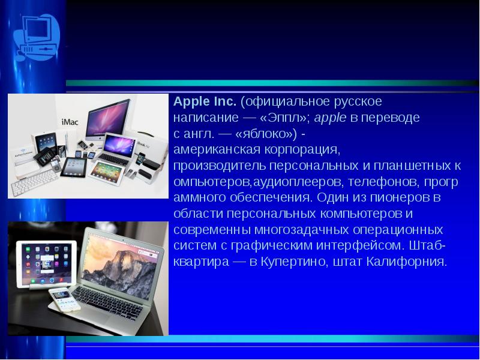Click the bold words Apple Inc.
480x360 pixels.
[x=205, y=101]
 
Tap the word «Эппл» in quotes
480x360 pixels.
[x=282, y=117]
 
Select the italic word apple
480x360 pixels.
[x=331, y=118]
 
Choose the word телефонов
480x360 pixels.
[x=383, y=182]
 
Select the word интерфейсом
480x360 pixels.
[x=358, y=245]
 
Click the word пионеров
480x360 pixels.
[x=400, y=198]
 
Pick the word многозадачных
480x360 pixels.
[x=302, y=230]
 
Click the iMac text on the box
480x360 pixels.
[x=70, y=122]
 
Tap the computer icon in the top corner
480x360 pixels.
[x=37, y=38]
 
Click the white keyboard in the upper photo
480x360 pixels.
[x=34, y=183]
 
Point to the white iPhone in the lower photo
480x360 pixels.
[x=64, y=299]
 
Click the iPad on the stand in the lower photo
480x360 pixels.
[x=47, y=264]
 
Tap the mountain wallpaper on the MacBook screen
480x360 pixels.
[x=121, y=263]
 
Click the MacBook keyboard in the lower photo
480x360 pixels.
[x=107, y=302]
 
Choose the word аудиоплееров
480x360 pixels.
[x=296, y=182]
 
